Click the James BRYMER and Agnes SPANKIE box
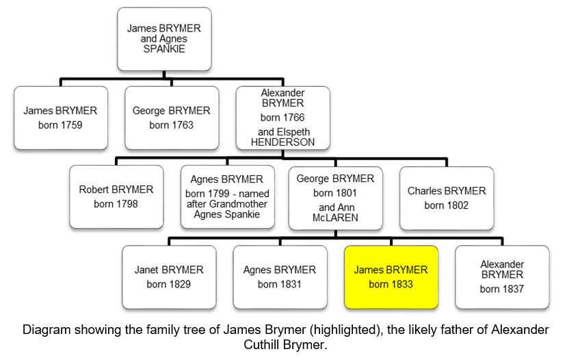coord(164,39)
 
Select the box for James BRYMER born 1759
coord(61,118)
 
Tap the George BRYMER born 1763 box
coord(172,118)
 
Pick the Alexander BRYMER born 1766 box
coord(282,118)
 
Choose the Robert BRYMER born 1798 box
coord(116,196)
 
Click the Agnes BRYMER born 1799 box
coord(227,196)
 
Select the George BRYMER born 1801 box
coord(335,198)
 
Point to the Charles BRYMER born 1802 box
coord(447,198)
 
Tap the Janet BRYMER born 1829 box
coord(169,277)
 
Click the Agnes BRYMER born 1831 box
coord(280,277)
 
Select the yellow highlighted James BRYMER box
coord(391,277)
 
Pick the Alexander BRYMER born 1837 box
coord(502,277)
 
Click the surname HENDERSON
coord(282,142)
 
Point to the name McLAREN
coord(335,218)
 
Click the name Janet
coord(148,270)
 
